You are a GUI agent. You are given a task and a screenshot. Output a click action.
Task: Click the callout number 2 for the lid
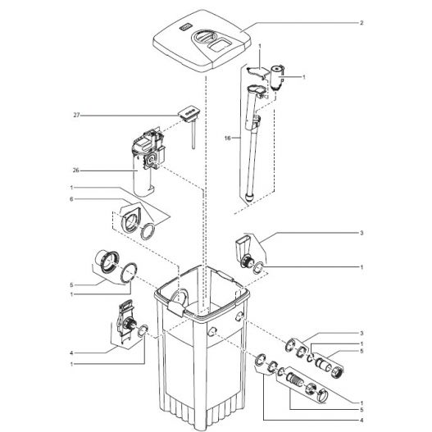point(362,23)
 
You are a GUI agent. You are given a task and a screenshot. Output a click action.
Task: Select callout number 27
point(76,115)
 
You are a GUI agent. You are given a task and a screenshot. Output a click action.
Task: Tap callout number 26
point(75,171)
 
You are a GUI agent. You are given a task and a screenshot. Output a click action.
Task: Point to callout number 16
point(227,138)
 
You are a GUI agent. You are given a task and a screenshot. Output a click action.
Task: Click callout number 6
point(71,199)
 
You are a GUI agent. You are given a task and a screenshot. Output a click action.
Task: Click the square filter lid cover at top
point(202,41)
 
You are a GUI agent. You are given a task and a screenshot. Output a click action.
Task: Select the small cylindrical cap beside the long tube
point(277,77)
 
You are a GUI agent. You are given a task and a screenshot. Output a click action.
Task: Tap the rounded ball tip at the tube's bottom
point(249,198)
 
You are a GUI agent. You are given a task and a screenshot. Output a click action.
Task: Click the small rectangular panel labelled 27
point(189,112)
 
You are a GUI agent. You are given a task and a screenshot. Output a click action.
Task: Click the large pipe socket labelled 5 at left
point(107,261)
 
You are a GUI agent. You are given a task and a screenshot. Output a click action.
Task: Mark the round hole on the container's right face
point(239,317)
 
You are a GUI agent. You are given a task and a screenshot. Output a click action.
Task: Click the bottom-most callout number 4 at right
point(362,421)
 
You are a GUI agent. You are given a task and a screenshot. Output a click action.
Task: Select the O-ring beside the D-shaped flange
point(148,231)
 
